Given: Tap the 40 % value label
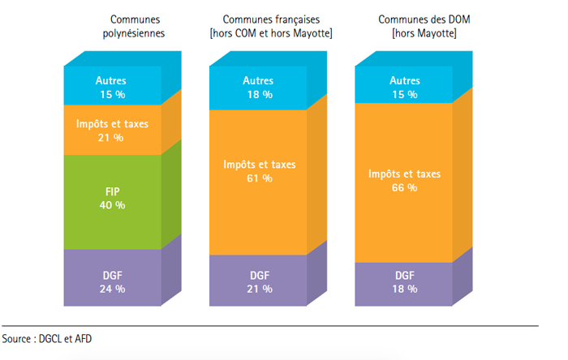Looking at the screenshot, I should click(x=111, y=205).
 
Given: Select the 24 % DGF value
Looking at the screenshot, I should click(x=111, y=289).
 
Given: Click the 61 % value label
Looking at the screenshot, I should click(x=260, y=178).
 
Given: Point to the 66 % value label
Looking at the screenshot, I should click(x=404, y=187).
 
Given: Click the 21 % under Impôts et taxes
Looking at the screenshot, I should click(x=111, y=138).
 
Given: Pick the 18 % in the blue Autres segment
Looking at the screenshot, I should click(x=260, y=94).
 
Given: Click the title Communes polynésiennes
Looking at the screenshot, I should click(x=133, y=26).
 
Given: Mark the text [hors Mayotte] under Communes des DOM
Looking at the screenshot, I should click(x=423, y=33).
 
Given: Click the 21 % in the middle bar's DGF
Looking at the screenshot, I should click(x=260, y=289).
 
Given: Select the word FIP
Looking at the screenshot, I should click(x=111, y=192).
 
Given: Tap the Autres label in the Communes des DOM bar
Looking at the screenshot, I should click(x=404, y=81).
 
